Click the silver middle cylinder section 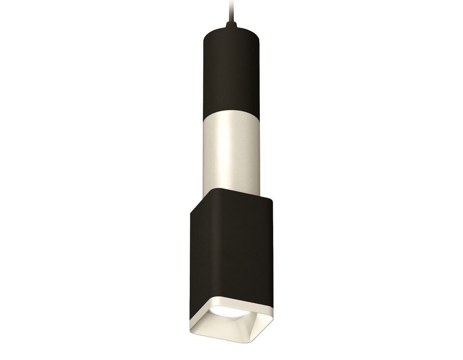pyautogui.click(x=226, y=148)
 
